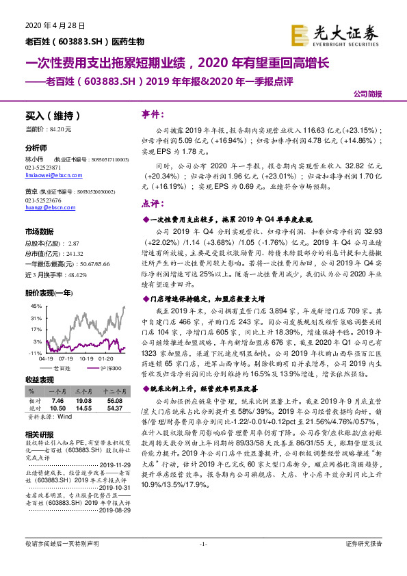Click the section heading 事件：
(151, 114)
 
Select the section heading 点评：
(151, 203)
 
